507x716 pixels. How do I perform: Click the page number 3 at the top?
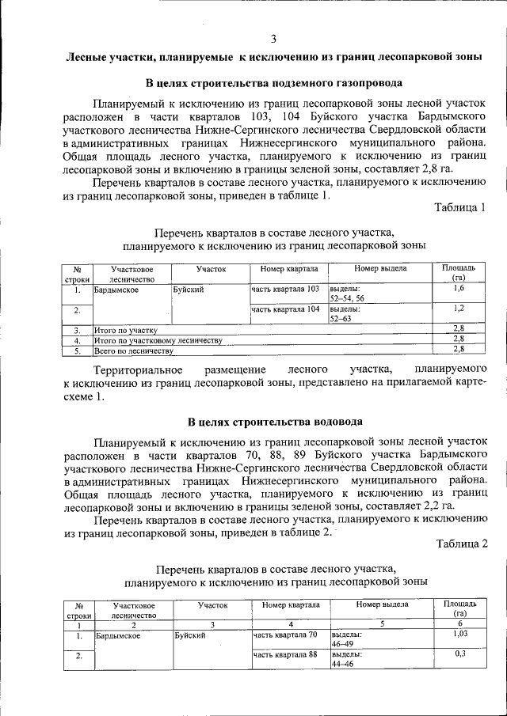[273, 39]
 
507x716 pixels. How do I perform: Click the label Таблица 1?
[460, 207]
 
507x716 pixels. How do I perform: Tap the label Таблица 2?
[460, 542]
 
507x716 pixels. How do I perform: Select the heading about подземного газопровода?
[274, 83]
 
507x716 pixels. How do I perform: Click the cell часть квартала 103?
[285, 290]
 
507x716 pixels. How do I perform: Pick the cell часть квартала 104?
[285, 309]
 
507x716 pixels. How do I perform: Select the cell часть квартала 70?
[285, 635]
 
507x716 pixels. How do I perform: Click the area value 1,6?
[459, 290]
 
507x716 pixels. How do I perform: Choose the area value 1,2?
[459, 309]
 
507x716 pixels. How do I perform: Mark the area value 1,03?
[459, 635]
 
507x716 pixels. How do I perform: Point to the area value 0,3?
[459, 654]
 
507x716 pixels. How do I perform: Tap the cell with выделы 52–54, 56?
[347, 294]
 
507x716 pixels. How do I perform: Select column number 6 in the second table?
[459, 623]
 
